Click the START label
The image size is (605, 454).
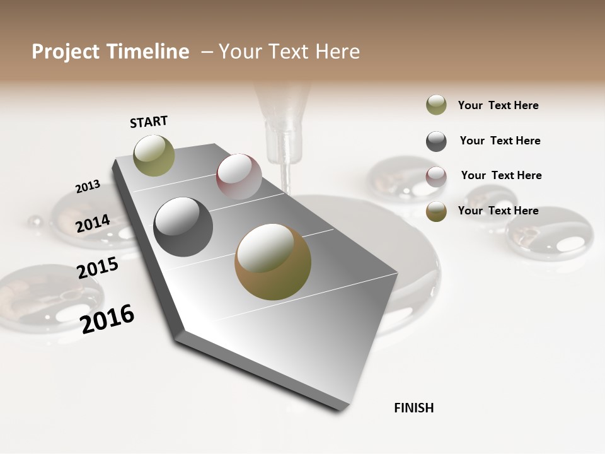[149, 121]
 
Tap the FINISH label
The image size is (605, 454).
[413, 408]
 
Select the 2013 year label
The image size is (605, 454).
[88, 187]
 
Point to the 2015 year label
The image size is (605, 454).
[98, 268]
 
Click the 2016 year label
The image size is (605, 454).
[107, 318]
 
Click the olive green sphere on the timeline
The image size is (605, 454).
[154, 155]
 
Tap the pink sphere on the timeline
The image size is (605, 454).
[239, 177]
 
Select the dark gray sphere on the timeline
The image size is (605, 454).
[183, 227]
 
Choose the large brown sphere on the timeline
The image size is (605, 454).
[273, 262]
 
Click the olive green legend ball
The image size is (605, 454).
[436, 105]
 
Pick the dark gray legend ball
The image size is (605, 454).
[436, 141]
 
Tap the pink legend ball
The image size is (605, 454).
[436, 177]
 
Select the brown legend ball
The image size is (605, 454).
[436, 211]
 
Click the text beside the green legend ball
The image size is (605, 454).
[498, 105]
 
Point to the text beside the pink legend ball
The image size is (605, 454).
[501, 175]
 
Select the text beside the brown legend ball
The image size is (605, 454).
[498, 211]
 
